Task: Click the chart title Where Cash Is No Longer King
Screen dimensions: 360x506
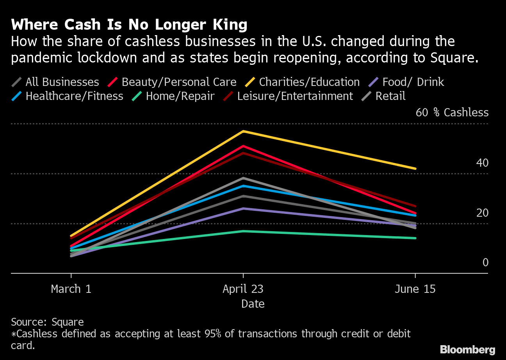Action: click(x=129, y=25)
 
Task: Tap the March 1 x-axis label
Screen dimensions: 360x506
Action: click(x=71, y=289)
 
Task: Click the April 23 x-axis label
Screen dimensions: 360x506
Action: click(x=243, y=289)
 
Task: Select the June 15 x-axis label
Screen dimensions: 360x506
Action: click(x=415, y=289)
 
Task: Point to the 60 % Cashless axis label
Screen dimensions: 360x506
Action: click(x=452, y=112)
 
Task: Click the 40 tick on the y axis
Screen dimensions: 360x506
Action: click(x=482, y=163)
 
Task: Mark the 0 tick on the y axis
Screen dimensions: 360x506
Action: click(x=485, y=262)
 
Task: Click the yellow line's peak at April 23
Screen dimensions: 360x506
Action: click(x=243, y=131)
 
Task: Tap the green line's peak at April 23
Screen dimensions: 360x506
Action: click(x=243, y=231)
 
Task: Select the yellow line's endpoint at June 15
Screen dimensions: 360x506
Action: click(x=415, y=169)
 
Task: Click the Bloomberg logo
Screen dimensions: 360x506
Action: click(x=467, y=349)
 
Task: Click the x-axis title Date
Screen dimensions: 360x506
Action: click(x=253, y=304)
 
